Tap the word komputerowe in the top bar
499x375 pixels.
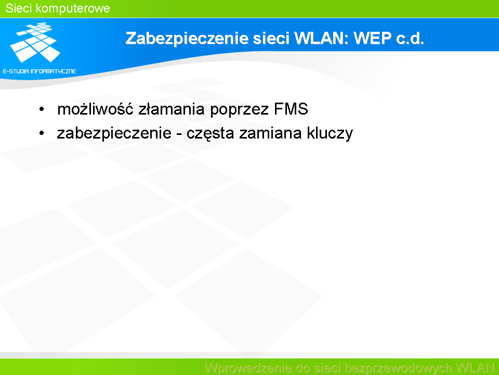[x=73, y=9]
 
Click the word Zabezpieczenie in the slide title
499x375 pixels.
[x=187, y=39]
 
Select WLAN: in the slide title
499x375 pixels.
[x=322, y=38]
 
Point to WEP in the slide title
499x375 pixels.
[x=372, y=38]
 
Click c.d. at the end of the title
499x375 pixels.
[x=410, y=38]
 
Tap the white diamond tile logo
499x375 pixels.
[x=35, y=42]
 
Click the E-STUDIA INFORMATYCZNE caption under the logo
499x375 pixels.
[x=40, y=71]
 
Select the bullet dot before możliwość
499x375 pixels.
[x=42, y=109]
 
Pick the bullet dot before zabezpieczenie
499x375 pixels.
[x=42, y=133]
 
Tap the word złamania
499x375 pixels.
[x=171, y=109]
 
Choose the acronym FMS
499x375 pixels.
[x=291, y=109]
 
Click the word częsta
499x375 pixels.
[x=211, y=134]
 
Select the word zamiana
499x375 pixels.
[x=270, y=133]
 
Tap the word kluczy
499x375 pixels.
[x=330, y=134]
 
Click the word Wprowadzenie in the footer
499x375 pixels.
[x=248, y=368]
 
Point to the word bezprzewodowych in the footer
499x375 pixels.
[x=398, y=368]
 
